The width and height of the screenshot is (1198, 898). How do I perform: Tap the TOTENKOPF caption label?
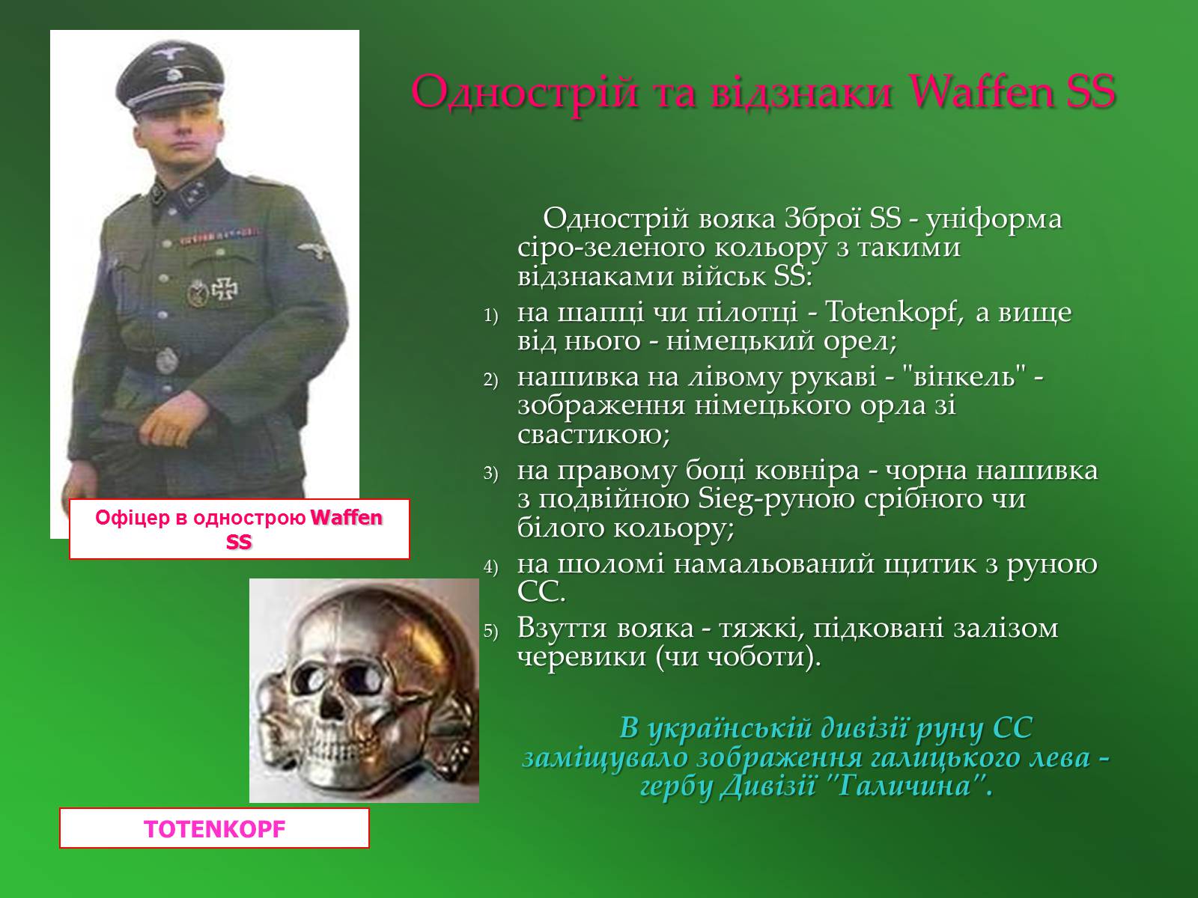pos(214,828)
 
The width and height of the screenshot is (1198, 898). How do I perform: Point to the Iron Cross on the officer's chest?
pos(225,288)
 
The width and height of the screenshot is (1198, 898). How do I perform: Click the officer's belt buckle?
pos(167,361)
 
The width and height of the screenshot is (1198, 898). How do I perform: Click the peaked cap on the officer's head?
pos(170,76)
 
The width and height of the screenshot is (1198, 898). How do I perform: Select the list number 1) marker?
pos(490,316)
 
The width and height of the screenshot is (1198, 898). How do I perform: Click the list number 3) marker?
pos(490,473)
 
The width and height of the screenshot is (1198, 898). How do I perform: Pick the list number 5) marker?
pos(490,631)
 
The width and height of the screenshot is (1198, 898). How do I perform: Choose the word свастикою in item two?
pos(594,435)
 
